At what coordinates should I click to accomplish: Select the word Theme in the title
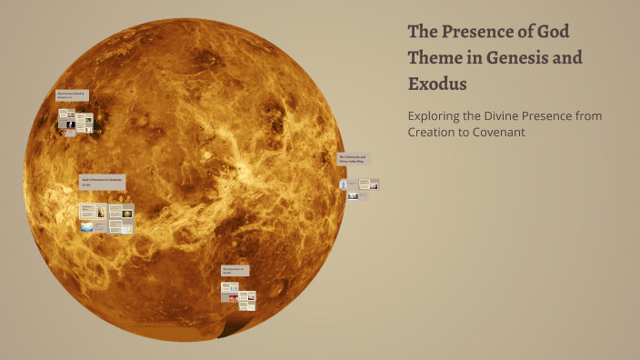click(435, 58)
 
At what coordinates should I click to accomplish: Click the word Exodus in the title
click(437, 85)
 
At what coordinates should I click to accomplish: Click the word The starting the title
click(422, 31)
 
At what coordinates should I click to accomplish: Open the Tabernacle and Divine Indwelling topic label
click(353, 158)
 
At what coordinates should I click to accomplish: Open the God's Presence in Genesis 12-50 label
click(101, 182)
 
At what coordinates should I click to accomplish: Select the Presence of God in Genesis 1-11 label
click(72, 95)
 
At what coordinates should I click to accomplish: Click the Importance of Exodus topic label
click(235, 270)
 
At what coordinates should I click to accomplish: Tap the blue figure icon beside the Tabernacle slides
click(344, 185)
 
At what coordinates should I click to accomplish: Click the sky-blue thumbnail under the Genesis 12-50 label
click(87, 227)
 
